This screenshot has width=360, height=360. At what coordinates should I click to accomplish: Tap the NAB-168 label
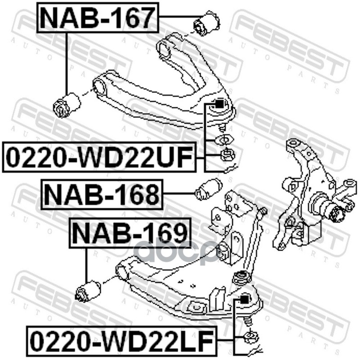(x=103, y=194)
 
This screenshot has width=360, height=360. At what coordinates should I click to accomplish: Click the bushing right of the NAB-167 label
(x=207, y=23)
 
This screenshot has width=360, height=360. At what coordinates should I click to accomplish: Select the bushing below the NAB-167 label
(x=67, y=104)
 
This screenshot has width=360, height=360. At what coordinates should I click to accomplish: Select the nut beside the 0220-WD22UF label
(x=226, y=156)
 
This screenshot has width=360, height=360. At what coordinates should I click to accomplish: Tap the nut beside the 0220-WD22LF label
(x=250, y=337)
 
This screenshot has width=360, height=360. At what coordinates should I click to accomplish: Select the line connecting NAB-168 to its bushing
(x=179, y=194)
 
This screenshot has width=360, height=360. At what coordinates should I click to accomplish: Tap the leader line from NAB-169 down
(x=86, y=265)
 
